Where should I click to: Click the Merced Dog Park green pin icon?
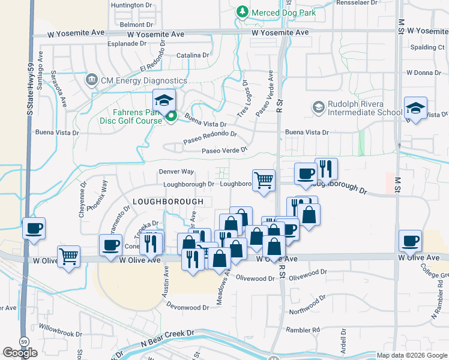coord(242,11)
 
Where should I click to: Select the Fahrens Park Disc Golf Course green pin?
coord(171,116)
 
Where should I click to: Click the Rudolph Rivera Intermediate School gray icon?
coord(318,107)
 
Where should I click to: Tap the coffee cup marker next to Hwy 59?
coord(34,229)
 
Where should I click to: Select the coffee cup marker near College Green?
coord(411,241)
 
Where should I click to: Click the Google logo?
coord(20,353)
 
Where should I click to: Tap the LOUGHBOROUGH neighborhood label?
coord(168,202)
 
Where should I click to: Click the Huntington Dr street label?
coord(132,5)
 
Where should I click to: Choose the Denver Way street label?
coord(176,172)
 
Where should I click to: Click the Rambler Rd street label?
coord(303,330)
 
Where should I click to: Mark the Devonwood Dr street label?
coord(188,307)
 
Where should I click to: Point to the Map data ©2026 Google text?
coord(412,355)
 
